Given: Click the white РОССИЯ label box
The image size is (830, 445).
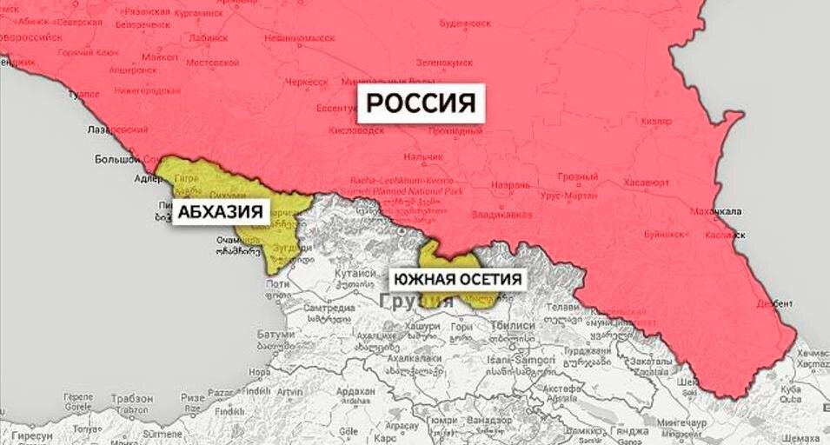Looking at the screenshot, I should (x=421, y=103).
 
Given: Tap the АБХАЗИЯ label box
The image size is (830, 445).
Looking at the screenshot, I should (x=221, y=212).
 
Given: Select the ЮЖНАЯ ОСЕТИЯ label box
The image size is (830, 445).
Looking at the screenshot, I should (x=458, y=279).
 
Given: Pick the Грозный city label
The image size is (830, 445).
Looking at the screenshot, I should (x=577, y=176).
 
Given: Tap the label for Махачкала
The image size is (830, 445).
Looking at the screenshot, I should (x=715, y=211).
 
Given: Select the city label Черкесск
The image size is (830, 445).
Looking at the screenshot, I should (x=309, y=82).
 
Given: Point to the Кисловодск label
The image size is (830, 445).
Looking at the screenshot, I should (x=356, y=130).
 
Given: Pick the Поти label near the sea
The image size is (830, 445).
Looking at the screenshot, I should (x=277, y=283).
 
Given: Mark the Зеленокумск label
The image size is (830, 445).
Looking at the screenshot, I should (x=442, y=63).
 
